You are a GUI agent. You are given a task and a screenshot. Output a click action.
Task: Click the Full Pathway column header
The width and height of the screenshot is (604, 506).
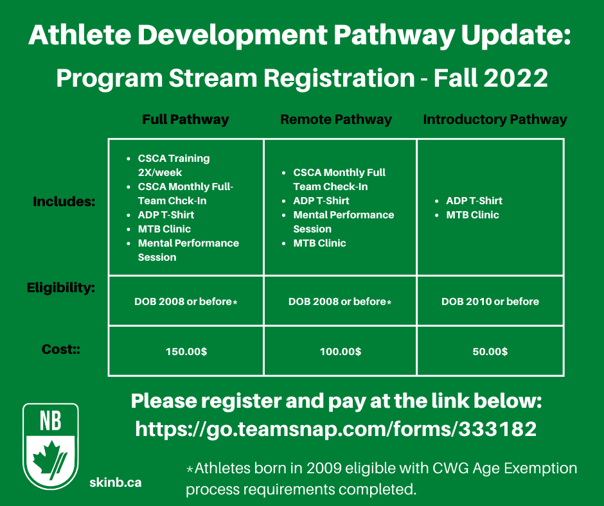[186, 120]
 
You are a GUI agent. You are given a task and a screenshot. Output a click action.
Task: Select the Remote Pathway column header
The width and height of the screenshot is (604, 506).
[336, 120]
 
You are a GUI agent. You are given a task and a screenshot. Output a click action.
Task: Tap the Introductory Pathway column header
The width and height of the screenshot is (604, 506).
[495, 120]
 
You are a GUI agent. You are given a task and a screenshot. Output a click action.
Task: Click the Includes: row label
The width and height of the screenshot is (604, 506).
[64, 202]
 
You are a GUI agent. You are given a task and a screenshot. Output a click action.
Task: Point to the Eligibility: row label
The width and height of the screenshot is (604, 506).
[61, 288]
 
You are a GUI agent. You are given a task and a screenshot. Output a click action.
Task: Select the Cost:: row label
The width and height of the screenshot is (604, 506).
[61, 349]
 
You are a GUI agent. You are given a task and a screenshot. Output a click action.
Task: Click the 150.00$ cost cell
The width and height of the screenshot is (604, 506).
[186, 352]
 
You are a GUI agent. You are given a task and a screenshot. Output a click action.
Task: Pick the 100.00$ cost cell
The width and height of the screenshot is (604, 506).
[341, 352]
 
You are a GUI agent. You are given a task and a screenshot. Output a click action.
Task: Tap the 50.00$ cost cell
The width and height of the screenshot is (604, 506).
[490, 352]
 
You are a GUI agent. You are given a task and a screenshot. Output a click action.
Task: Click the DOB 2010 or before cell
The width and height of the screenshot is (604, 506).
[490, 302]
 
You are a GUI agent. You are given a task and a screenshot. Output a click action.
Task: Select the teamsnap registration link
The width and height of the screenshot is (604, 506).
[336, 428]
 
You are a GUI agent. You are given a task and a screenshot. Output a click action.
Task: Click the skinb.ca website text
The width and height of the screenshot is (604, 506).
[116, 482]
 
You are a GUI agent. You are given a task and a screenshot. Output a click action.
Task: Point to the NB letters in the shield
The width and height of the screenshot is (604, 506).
[51, 421]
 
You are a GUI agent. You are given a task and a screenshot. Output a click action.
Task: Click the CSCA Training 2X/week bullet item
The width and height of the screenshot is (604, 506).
[173, 165]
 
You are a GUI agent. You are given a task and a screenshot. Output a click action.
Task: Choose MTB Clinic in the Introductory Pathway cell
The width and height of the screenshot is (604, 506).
[472, 215]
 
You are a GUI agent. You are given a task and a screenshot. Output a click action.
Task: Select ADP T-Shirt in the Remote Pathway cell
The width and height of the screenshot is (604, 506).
[321, 200]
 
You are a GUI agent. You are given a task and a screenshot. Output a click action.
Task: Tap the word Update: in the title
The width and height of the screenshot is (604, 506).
[516, 35]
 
